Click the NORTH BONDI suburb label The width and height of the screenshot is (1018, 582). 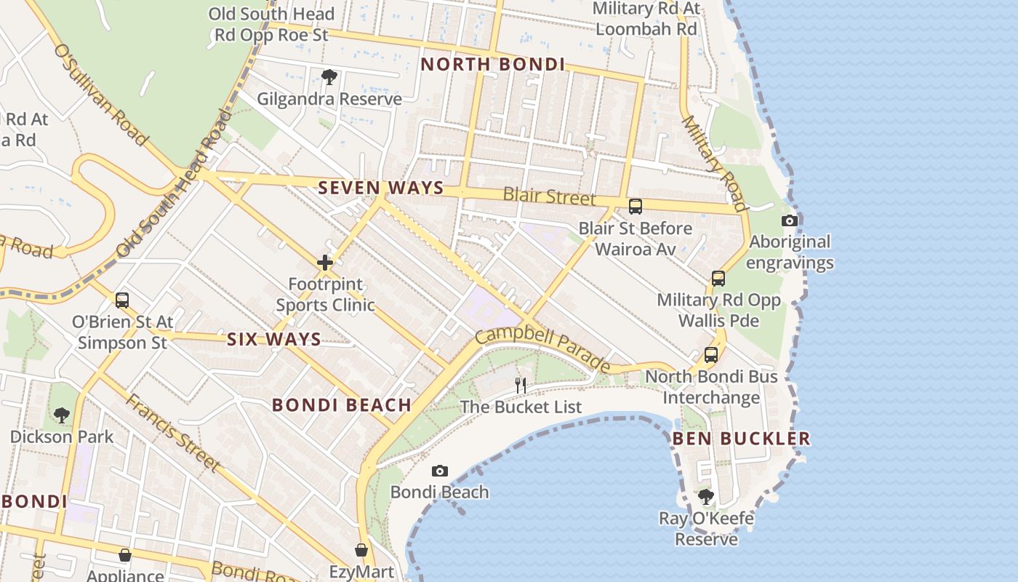click(492, 64)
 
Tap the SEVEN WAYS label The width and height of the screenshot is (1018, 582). click(381, 188)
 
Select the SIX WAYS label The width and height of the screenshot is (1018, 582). click(274, 339)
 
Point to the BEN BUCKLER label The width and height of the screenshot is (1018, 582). click(741, 438)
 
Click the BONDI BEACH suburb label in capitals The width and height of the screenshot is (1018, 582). click(342, 405)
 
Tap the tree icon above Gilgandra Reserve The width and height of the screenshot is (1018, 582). click(329, 76)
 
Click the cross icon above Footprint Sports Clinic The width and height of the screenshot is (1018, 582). click(325, 263)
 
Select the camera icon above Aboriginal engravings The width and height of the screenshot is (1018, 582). click(790, 220)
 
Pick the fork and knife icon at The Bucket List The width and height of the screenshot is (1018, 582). click(521, 386)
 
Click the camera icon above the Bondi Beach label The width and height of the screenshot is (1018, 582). click(440, 471)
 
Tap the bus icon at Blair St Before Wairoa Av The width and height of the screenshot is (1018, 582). click(636, 207)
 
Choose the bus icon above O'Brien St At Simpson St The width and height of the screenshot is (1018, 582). click(122, 300)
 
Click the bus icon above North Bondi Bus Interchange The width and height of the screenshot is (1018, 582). click(711, 355)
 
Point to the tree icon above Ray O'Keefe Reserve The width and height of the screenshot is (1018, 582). click(705, 497)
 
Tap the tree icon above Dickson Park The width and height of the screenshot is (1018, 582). click(62, 415)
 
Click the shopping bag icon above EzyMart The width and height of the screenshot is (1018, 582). click(361, 550)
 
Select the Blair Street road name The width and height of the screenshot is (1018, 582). click(549, 196)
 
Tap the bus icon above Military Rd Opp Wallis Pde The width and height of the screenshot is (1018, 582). click(718, 278)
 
